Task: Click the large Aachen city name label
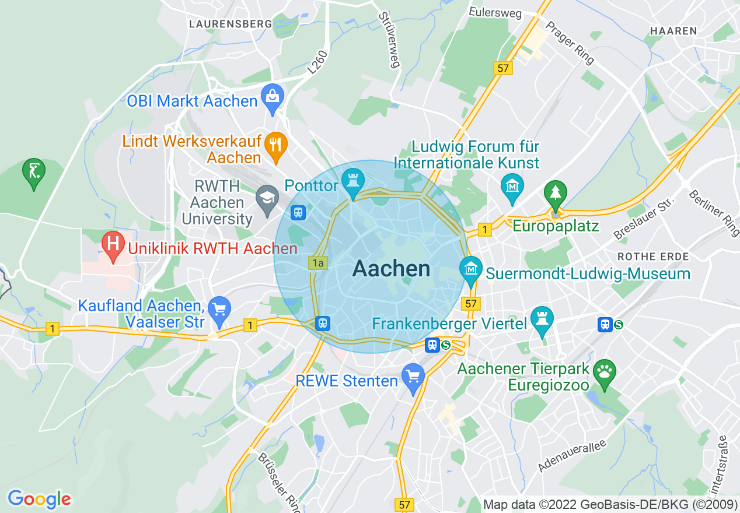(x=391, y=269)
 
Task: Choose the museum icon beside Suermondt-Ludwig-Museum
(x=470, y=269)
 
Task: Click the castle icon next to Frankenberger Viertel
(x=542, y=319)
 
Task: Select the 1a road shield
(x=317, y=263)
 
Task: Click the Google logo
(x=39, y=499)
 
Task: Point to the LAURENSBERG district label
(x=231, y=24)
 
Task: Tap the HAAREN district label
(x=673, y=31)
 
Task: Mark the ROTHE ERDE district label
(x=653, y=256)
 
